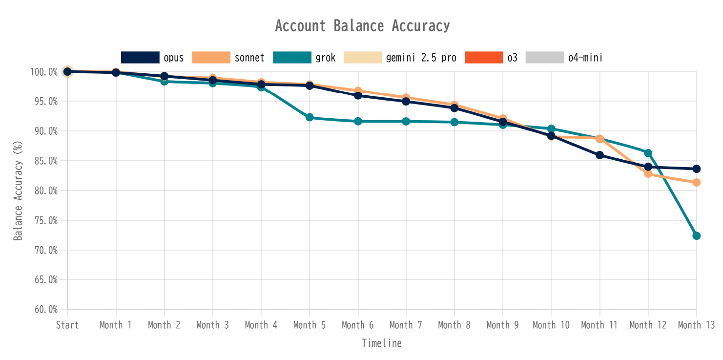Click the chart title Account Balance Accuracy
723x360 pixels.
pyautogui.click(x=362, y=26)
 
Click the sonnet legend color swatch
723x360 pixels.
pyautogui.click(x=211, y=58)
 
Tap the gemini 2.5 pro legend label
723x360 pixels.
pyautogui.click(x=421, y=58)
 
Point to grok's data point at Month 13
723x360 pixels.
pyautogui.click(x=697, y=236)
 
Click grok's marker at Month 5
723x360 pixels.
pyautogui.click(x=310, y=117)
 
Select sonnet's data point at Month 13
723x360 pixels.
pyautogui.click(x=697, y=183)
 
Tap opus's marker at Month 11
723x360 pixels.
pyautogui.click(x=599, y=155)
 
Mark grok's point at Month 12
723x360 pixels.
pyautogui.click(x=648, y=153)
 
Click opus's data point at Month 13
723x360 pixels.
pyautogui.click(x=697, y=169)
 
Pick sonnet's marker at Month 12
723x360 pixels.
pyautogui.click(x=648, y=173)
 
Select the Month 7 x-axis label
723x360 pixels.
pyautogui.click(x=406, y=325)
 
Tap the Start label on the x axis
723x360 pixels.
pyautogui.click(x=67, y=325)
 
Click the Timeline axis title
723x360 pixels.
pyautogui.click(x=382, y=343)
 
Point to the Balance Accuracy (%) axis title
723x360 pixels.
pyautogui.click(x=18, y=191)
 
